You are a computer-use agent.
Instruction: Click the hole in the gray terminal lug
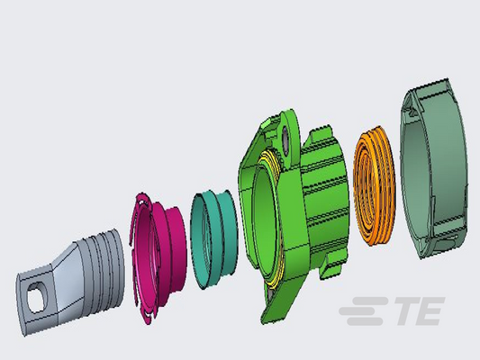pos(37,297)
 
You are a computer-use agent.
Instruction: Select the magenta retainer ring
pos(158,256)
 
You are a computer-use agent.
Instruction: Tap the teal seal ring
pos(214,238)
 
